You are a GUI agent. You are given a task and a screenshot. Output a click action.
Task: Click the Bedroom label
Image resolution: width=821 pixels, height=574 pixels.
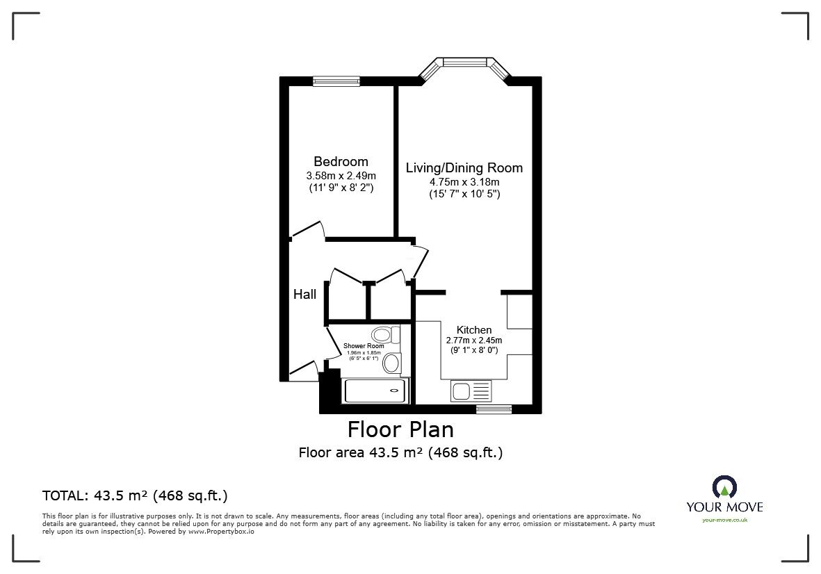341,162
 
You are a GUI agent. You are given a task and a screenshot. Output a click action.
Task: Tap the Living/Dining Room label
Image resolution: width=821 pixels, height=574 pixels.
464,168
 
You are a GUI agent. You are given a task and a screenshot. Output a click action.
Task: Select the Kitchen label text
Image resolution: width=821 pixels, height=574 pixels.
474,329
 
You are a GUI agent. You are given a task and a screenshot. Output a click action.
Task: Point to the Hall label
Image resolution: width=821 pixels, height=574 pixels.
304,295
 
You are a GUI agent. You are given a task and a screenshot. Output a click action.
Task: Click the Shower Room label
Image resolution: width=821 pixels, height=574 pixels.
364,346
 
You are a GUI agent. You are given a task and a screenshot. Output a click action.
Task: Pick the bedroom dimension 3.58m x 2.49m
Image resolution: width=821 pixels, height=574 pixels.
341,175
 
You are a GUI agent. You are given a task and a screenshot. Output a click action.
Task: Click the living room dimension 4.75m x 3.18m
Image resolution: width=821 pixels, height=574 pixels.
464,182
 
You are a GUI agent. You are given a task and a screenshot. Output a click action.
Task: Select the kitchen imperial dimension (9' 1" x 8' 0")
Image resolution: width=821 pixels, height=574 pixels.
474,351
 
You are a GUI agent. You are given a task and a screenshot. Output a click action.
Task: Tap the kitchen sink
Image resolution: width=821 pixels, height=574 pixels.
462,391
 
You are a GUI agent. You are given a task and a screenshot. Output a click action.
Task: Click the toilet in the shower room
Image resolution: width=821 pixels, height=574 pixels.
384,334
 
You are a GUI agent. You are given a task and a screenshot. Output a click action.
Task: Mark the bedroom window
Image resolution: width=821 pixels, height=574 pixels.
336,81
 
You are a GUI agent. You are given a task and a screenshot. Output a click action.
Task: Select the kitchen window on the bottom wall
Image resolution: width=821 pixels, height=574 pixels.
494,409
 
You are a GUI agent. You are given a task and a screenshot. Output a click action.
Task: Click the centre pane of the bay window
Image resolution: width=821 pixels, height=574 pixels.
464,63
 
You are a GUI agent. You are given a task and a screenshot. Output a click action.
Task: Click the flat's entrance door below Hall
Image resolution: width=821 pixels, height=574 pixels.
303,370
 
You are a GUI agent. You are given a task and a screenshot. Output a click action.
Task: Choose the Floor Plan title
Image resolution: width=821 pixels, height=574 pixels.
400,429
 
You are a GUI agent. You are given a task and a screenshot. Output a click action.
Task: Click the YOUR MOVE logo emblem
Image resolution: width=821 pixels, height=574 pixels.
724,487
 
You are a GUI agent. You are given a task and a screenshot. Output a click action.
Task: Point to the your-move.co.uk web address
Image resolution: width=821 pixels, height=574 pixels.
724,520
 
